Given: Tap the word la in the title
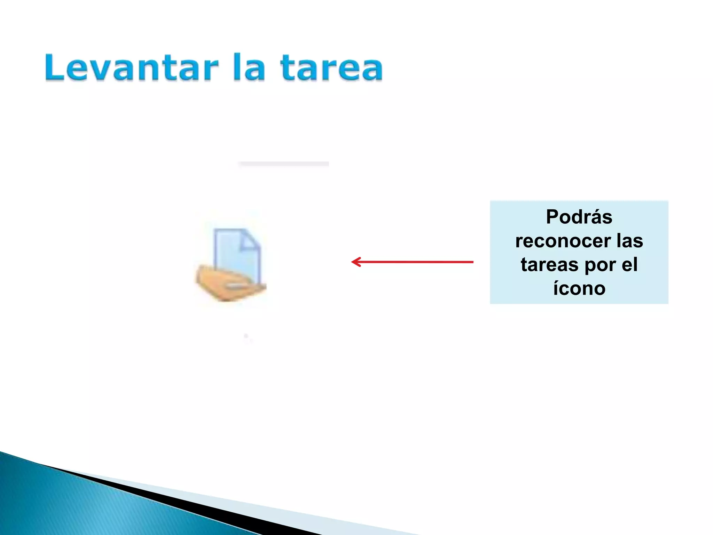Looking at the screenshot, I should click(x=249, y=68).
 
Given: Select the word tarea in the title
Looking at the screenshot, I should click(x=331, y=69).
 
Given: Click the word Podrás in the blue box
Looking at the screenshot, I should click(x=579, y=217).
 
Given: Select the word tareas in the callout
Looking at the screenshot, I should click(x=549, y=265).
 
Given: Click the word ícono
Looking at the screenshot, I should click(x=579, y=288).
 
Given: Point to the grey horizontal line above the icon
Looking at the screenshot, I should click(x=283, y=164).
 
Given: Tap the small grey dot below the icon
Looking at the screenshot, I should click(x=246, y=336).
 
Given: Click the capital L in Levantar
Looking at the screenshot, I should click(x=54, y=68).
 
